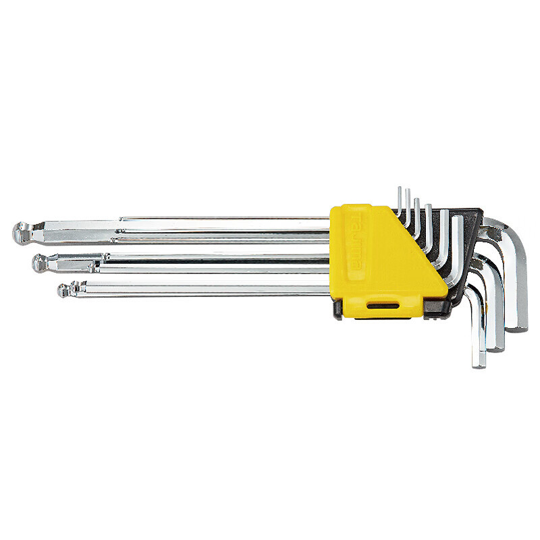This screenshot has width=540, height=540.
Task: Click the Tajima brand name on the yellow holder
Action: click(x=356, y=247)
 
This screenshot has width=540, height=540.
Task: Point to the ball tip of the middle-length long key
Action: click(x=40, y=263)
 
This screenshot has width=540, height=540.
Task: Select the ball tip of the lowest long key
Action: click(x=63, y=290)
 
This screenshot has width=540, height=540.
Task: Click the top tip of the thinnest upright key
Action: click(x=400, y=190)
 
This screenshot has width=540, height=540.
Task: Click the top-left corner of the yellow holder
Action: click(x=331, y=208)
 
